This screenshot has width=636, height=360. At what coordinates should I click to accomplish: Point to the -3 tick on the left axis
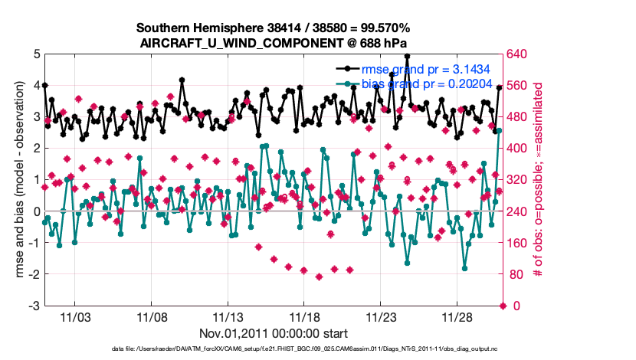(34, 306)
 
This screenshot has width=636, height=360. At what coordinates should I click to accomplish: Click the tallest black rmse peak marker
(407, 56)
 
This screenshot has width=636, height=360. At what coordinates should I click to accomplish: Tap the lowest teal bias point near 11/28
(465, 268)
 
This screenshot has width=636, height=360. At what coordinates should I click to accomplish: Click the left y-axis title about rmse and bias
(18, 180)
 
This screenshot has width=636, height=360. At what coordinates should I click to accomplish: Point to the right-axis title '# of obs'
(539, 180)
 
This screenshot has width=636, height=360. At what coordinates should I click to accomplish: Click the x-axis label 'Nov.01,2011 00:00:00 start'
(274, 333)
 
